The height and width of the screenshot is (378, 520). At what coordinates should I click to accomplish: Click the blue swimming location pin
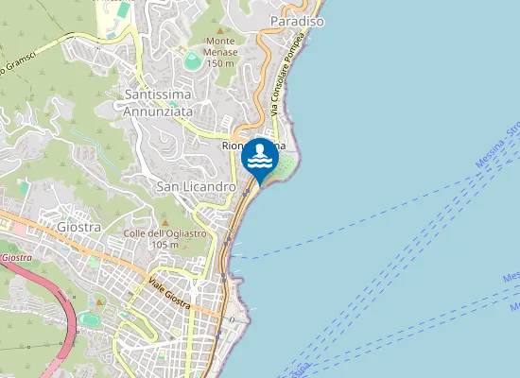260,159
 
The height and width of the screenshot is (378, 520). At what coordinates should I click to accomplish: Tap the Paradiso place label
297,20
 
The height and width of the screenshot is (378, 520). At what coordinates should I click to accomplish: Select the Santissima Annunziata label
158,102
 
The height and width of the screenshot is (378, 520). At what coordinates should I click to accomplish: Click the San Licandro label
196,187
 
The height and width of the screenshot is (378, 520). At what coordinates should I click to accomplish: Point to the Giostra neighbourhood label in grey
79,227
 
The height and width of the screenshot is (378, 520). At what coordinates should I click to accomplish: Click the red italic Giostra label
16,257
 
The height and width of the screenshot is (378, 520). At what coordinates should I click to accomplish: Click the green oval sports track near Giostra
91,319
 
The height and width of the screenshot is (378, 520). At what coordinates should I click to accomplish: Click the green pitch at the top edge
123,9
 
